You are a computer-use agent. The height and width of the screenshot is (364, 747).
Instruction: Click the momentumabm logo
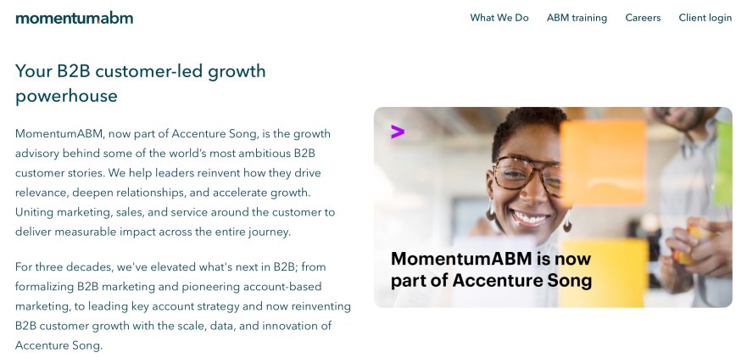(74, 18)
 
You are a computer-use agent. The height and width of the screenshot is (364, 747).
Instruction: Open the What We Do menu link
(499, 18)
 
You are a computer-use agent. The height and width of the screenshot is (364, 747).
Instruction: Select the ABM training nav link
(577, 18)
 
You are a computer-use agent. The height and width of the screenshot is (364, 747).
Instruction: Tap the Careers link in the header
(643, 18)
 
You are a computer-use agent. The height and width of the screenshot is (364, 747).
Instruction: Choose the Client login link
(705, 18)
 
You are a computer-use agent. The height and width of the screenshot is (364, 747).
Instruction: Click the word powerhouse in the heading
(66, 96)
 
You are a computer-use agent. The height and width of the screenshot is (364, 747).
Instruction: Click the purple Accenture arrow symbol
(397, 132)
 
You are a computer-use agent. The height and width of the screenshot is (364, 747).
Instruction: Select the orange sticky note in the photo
(603, 161)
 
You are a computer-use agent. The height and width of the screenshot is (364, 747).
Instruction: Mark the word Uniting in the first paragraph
(35, 211)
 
